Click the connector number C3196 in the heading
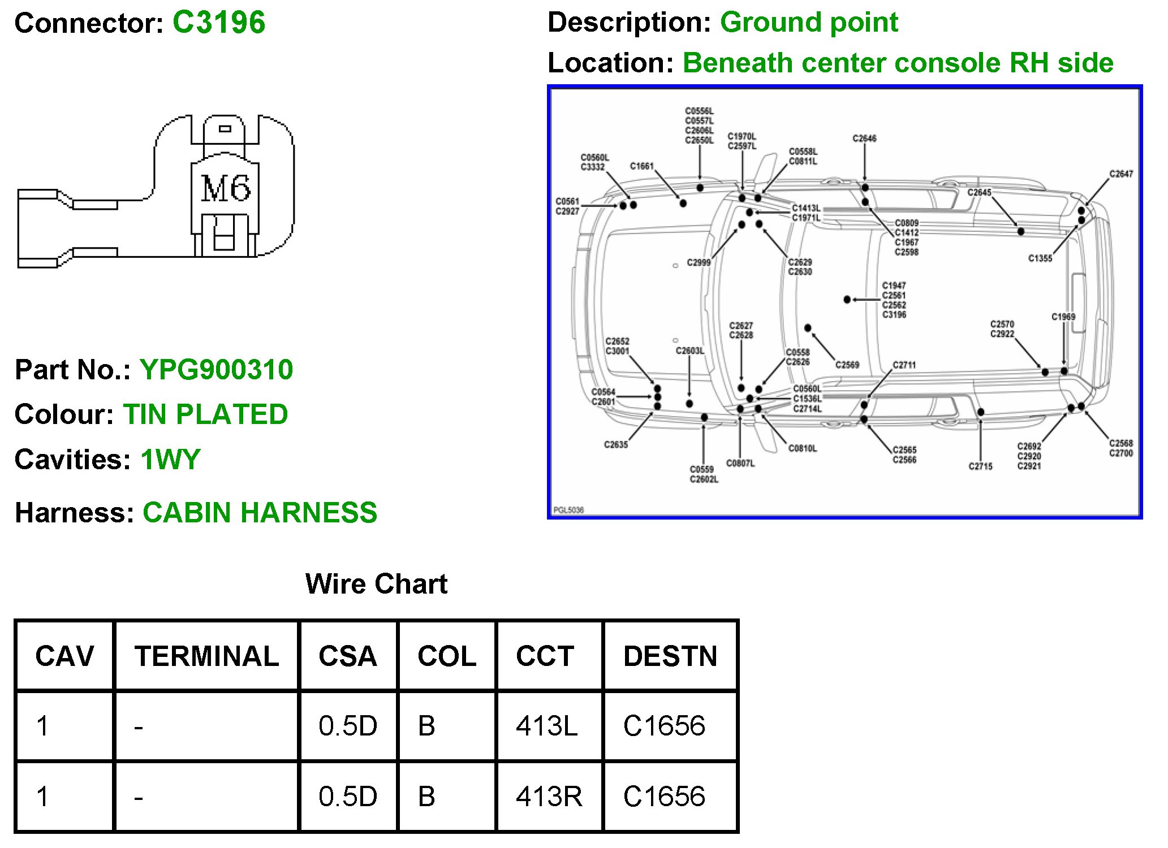click(218, 23)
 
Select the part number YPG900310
click(216, 370)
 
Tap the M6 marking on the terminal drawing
click(225, 188)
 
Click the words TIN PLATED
click(205, 414)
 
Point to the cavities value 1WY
click(170, 459)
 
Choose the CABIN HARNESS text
click(260, 512)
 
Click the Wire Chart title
click(376, 583)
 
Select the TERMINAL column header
click(206, 656)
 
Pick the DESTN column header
click(670, 656)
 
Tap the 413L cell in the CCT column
click(546, 726)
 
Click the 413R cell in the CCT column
click(549, 797)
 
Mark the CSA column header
click(347, 656)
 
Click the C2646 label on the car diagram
click(864, 139)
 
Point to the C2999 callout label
click(699, 262)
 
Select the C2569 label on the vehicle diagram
click(847, 365)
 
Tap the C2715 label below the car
click(980, 466)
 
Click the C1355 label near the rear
click(1040, 258)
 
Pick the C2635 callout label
click(616, 445)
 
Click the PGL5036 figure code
click(568, 510)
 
